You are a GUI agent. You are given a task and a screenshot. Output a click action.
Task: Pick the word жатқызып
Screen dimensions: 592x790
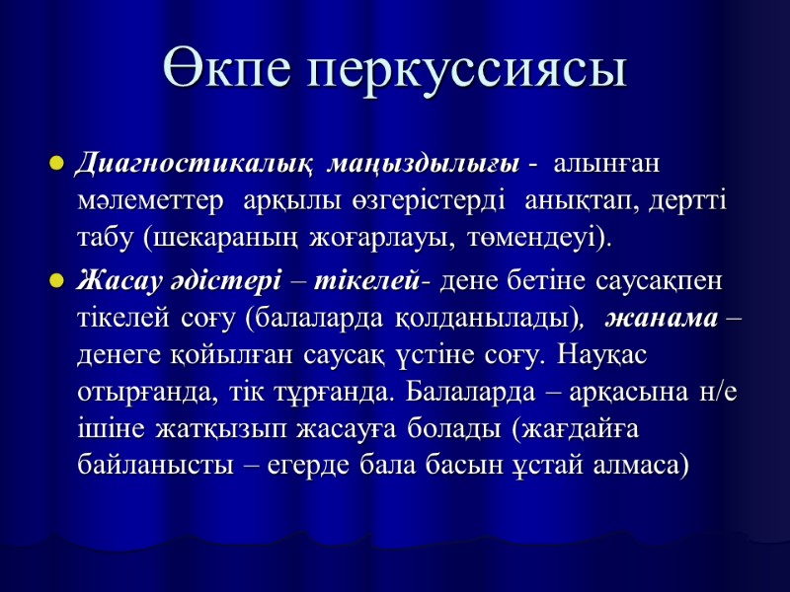(x=186, y=427)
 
